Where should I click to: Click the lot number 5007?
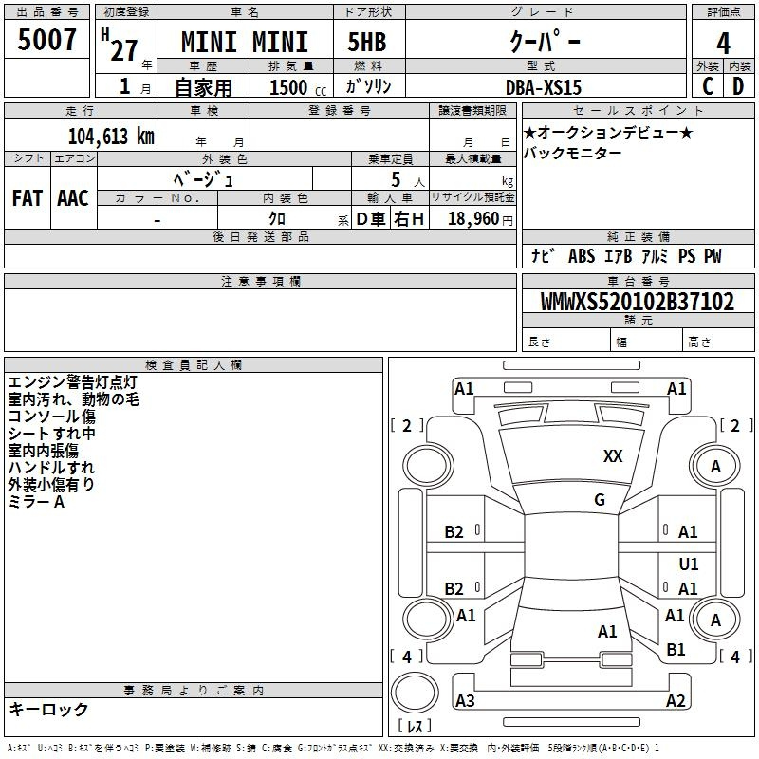[46, 40]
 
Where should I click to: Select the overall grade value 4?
[723, 44]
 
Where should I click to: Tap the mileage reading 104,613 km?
[111, 137]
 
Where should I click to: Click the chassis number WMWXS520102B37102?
[638, 302]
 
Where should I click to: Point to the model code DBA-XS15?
[543, 87]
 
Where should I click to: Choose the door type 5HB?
[367, 42]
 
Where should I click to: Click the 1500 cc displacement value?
[298, 87]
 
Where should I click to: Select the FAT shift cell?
[28, 198]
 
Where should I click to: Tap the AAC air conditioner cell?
[73, 198]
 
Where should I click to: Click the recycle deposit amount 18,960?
[473, 219]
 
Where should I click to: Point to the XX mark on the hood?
[613, 456]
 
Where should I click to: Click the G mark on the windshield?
[600, 500]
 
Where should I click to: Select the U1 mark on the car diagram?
[689, 564]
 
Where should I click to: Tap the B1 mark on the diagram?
[676, 649]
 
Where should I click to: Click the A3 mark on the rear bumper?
[465, 700]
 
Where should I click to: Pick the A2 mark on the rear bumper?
[676, 700]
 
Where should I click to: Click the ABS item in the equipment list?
[582, 256]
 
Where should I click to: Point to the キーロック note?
[48, 709]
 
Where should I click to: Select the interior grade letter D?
[738, 86]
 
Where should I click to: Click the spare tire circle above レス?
[415, 693]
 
